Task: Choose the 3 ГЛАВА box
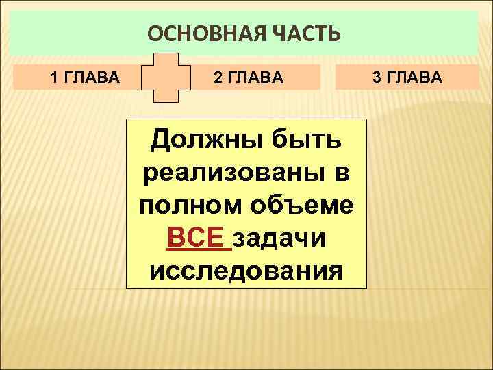(x=407, y=77)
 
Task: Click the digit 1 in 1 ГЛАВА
(x=55, y=77)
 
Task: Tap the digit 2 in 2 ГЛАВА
(x=217, y=77)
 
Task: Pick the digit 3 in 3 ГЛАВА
(x=376, y=77)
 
